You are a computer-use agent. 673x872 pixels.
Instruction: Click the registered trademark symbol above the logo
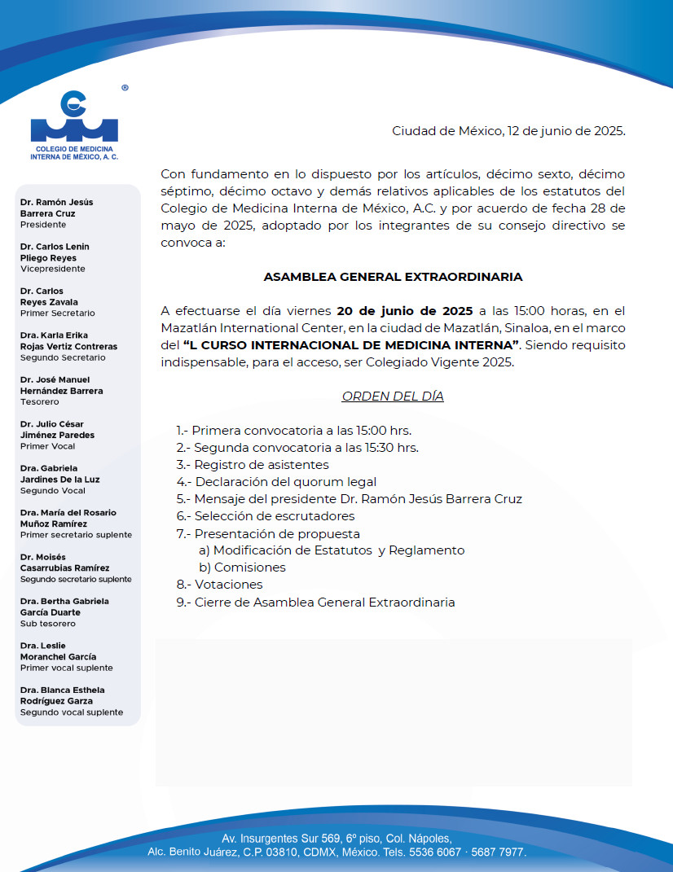(125, 87)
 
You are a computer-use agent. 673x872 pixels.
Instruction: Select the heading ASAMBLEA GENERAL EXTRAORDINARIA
(393, 277)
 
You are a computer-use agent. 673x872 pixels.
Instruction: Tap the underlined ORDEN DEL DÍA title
(393, 397)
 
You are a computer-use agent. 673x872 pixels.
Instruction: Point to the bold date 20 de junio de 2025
(405, 310)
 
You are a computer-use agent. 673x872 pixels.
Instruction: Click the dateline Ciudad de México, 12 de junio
(508, 131)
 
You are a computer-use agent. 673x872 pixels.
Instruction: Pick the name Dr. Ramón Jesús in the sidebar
(57, 202)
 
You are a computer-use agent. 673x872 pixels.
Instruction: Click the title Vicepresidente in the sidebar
(53, 269)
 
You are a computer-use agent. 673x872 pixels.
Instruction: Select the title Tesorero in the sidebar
(40, 402)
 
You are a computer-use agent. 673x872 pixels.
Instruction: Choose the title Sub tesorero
(48, 624)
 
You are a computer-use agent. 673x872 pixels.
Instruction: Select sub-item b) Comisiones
(243, 567)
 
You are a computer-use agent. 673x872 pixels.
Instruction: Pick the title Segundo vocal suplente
(72, 712)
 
